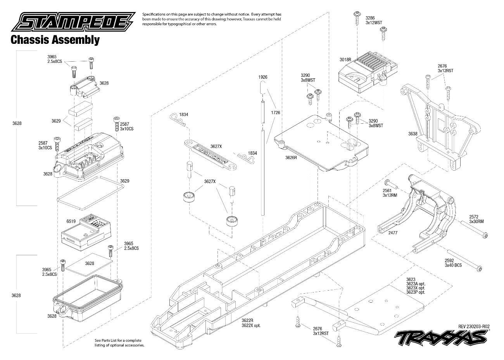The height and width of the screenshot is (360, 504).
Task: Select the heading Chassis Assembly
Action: [x=55, y=40]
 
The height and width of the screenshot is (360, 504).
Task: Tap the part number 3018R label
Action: [x=345, y=60]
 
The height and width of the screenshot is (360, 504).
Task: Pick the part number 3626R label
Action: [x=291, y=157]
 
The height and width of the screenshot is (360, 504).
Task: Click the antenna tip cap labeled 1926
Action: [x=263, y=87]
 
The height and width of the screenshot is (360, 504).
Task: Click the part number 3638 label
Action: [x=413, y=134]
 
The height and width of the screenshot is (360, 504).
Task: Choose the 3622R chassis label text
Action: [x=246, y=320]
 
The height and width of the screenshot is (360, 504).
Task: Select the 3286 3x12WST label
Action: [x=373, y=20]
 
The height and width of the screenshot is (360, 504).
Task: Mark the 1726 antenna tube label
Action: [x=276, y=112]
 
